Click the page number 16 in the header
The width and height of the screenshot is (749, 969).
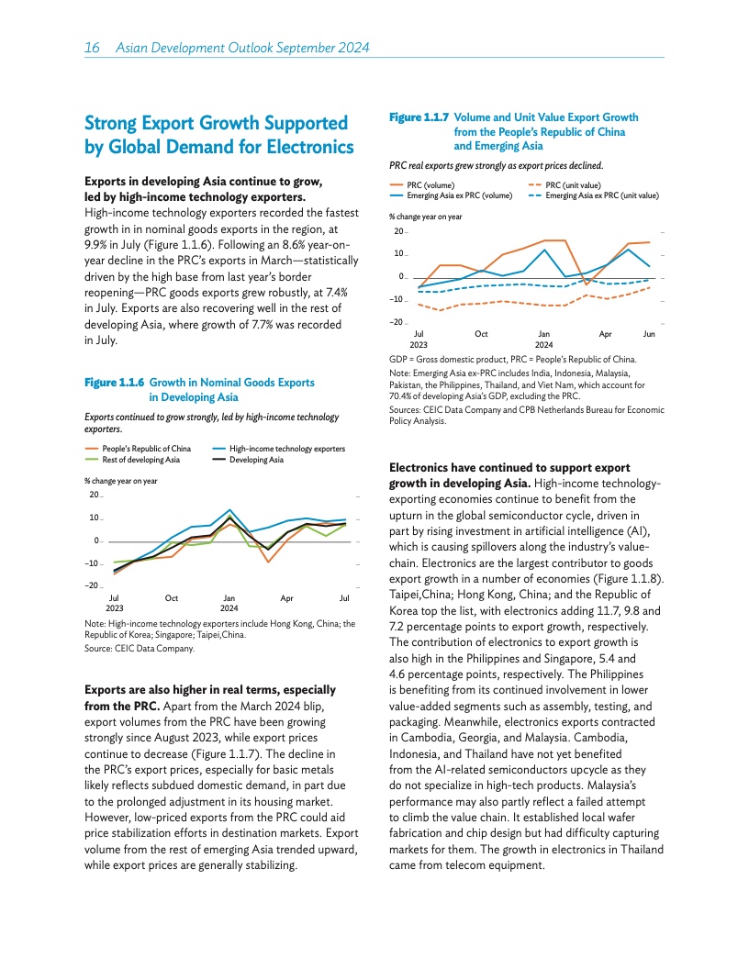[91, 48]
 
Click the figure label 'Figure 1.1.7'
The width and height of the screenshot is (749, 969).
[419, 117]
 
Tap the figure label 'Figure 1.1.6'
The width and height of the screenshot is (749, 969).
[114, 383]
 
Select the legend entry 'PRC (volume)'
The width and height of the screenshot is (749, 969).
[431, 185]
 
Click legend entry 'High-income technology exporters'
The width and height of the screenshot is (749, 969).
[287, 449]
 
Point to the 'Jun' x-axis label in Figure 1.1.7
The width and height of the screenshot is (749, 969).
[649, 334]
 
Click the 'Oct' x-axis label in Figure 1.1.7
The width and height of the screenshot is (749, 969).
[481, 334]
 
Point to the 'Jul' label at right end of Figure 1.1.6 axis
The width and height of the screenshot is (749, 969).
[345, 598]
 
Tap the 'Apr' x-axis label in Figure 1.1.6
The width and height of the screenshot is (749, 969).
[286, 598]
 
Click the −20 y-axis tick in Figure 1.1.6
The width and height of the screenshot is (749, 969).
[92, 585]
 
